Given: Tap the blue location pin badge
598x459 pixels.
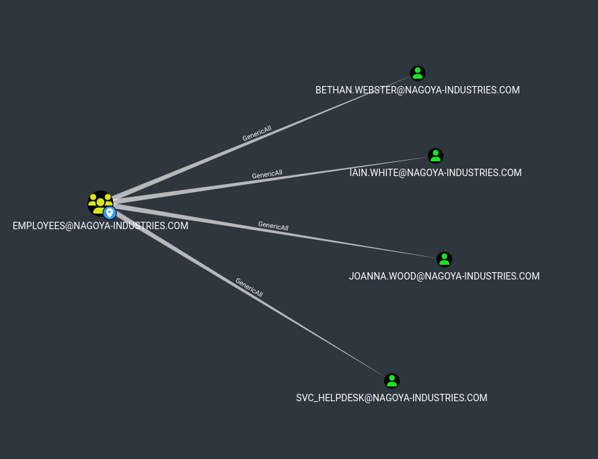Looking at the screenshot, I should (110, 213).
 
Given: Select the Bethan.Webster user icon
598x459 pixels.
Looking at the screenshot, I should (418, 73).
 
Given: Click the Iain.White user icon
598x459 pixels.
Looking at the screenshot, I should (436, 156).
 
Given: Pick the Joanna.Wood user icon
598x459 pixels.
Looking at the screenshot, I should (444, 259).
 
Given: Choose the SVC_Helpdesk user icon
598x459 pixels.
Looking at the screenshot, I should (392, 381).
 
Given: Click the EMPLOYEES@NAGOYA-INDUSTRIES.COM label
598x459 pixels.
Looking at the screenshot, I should (100, 226).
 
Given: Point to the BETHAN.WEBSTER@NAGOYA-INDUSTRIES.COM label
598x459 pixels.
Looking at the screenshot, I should (417, 90).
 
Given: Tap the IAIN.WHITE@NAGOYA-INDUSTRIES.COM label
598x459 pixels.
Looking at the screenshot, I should (435, 173).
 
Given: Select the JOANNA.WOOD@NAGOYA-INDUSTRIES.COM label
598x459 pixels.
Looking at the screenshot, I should (444, 276).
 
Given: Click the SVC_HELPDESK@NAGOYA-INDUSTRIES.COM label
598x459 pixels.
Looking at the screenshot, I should (391, 398).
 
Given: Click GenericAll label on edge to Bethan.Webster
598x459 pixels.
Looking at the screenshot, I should (257, 133).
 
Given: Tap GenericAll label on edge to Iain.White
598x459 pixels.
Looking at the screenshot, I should (267, 174).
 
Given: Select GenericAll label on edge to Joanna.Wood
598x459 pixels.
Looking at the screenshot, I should (273, 226).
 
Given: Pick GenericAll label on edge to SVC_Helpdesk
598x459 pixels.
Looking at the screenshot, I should (249, 288).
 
